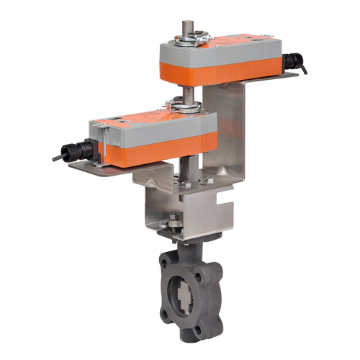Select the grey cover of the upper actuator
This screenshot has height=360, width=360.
click(216, 49)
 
